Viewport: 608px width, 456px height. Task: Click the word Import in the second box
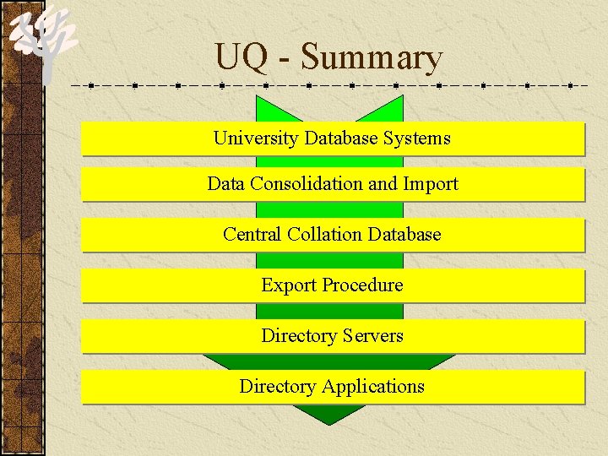431,184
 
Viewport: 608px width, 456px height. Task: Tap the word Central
252,235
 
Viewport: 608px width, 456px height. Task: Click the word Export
287,285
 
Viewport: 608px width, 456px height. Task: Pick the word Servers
372,336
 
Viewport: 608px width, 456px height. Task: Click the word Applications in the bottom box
372,387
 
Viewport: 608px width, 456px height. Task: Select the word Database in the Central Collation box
404,235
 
